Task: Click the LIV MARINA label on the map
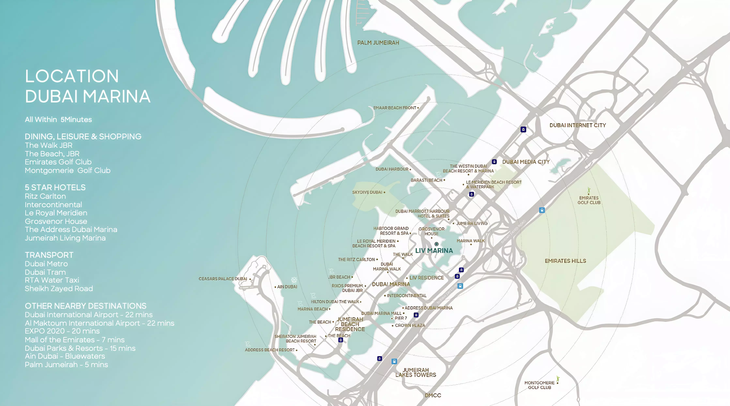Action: point(434,251)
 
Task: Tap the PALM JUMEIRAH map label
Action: point(378,43)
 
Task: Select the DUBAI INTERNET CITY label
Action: point(578,125)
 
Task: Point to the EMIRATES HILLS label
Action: point(565,261)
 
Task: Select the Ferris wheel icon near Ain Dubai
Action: point(294,280)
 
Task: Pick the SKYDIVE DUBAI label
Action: point(367,192)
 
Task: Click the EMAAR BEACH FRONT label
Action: point(395,108)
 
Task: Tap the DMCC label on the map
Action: point(433,395)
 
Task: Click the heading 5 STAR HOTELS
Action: point(55,187)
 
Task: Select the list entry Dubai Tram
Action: point(45,272)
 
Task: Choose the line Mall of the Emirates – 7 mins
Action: point(75,340)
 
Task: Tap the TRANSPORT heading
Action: point(49,255)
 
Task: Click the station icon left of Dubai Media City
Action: point(494,162)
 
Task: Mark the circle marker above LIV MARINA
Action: point(436,244)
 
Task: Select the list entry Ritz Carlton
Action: point(45,196)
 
